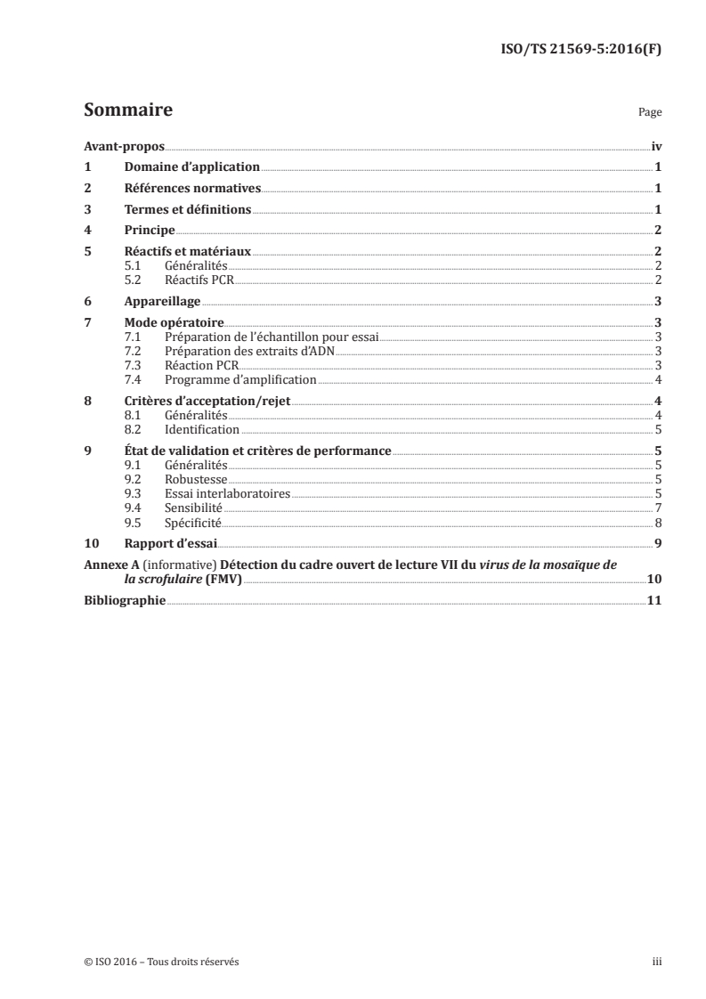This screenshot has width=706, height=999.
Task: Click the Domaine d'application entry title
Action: point(191,166)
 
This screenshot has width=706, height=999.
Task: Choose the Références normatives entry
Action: point(191,188)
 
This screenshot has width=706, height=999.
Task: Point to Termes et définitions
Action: point(188,210)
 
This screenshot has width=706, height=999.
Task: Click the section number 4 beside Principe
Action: point(87,231)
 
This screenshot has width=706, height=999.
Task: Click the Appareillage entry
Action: point(162,301)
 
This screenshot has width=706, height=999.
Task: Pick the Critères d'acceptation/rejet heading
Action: point(207,401)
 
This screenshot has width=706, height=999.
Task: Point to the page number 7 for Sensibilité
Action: point(657,506)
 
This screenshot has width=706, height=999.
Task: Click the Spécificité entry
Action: point(193,521)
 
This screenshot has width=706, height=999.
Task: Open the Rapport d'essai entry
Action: point(168,542)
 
